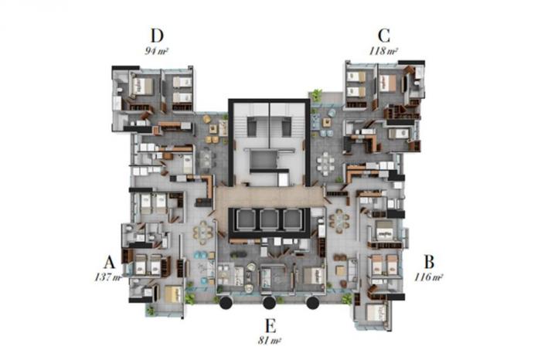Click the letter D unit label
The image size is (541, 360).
(157, 36)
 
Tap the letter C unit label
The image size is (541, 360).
(383, 36)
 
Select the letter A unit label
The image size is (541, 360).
(109, 263)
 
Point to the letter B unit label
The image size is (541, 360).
(429, 262)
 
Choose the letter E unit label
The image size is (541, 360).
(270, 325)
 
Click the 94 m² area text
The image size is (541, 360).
(156, 52)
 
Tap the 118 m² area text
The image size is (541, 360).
(383, 52)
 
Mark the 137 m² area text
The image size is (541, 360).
(108, 277)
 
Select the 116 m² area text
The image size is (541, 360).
(428, 277)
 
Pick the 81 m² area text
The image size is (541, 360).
(270, 341)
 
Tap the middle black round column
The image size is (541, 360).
(269, 303)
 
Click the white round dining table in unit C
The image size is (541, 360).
(326, 161)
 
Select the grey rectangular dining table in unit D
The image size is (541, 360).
(206, 159)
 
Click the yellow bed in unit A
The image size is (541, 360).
(174, 294)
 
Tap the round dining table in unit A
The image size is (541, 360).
(202, 233)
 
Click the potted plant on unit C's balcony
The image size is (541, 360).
(316, 94)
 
